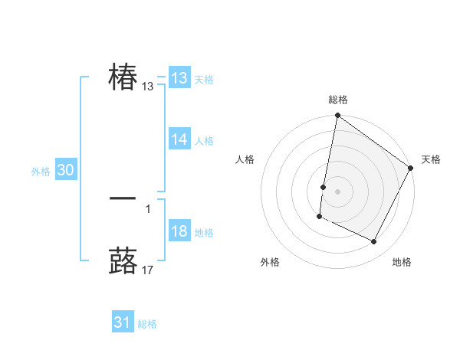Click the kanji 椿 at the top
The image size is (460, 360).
123,77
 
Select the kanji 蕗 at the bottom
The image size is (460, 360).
123,260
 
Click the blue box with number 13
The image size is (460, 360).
179,78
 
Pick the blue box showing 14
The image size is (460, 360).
179,139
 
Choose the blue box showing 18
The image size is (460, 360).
179,231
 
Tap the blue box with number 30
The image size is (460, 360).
65,171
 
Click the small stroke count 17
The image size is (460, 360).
148,270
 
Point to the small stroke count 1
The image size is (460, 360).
148,208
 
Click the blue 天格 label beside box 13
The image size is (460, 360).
204,80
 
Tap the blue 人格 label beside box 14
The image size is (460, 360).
204,141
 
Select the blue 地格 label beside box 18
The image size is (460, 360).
204,233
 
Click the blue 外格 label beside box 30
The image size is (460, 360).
41,172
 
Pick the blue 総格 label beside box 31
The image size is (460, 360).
147,324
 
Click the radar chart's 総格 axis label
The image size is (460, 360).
338,100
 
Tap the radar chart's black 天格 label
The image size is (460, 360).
431,159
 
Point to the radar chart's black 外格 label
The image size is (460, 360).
270,263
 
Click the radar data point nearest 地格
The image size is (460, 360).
374,242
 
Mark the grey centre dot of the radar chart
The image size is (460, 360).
338,191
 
